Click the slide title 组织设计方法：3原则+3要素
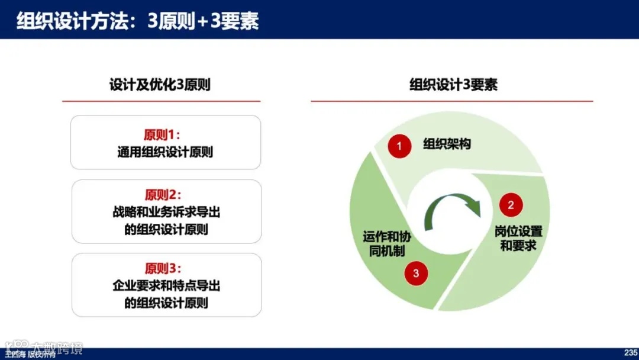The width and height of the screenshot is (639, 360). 137,21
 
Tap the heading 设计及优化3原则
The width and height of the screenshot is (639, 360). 160,85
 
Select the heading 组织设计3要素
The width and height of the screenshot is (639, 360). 453,85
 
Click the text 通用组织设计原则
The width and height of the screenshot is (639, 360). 165,152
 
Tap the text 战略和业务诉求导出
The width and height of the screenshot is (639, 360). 166,212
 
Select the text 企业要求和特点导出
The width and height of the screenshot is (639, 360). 166,286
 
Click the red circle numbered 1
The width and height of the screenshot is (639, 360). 399,146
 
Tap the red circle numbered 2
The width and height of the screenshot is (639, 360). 511,205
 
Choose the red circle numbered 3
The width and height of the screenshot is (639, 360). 416,273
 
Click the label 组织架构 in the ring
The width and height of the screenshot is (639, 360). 447,144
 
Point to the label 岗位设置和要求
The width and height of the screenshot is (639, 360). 518,239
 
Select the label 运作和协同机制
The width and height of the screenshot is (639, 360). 387,244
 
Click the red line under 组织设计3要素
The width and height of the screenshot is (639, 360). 452,101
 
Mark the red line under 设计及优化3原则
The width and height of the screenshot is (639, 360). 161,101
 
